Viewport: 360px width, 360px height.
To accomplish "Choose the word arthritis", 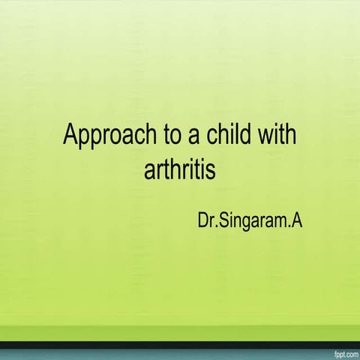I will pos(179,168).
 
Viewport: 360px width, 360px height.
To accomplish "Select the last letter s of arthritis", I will pos(211,169).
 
